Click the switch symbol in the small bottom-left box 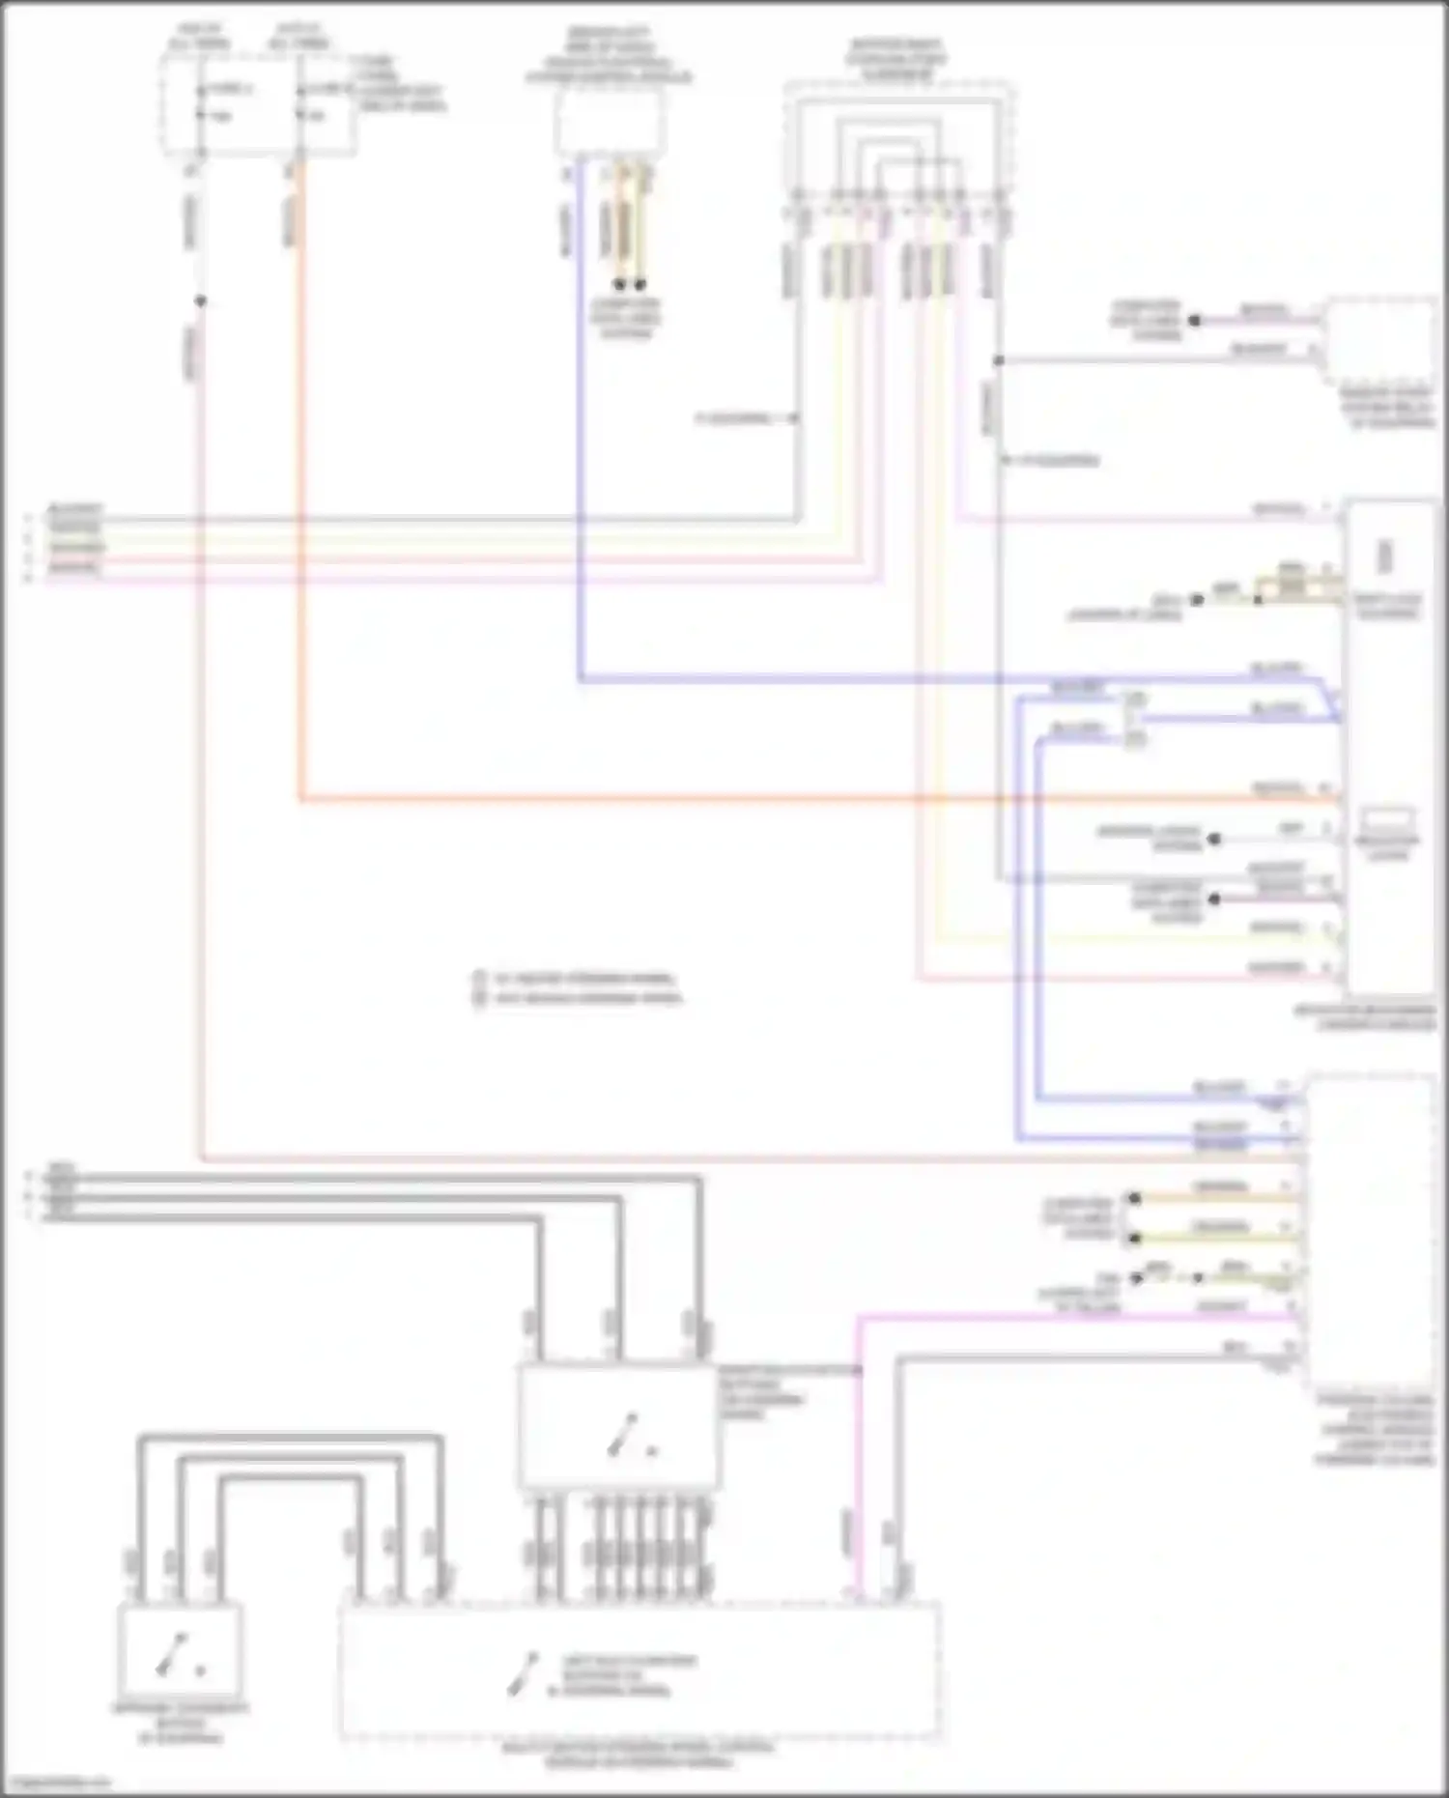click(x=180, y=1654)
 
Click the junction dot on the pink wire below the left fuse click(x=200, y=301)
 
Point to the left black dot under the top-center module click(x=619, y=285)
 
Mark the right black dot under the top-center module click(x=639, y=285)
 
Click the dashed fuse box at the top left click(x=258, y=103)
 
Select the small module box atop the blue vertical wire click(x=610, y=123)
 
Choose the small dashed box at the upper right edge click(x=1379, y=341)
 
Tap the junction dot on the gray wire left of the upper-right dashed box click(x=999, y=360)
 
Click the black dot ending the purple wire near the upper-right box click(x=1194, y=320)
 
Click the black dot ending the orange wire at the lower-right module click(x=1135, y=1199)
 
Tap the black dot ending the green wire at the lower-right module click(x=1135, y=1238)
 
